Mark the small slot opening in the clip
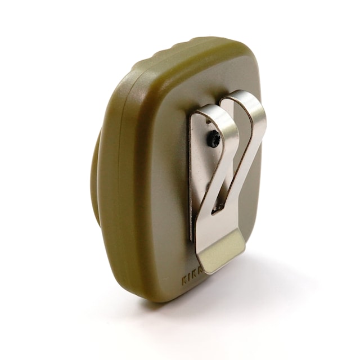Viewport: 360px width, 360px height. click(218, 209)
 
